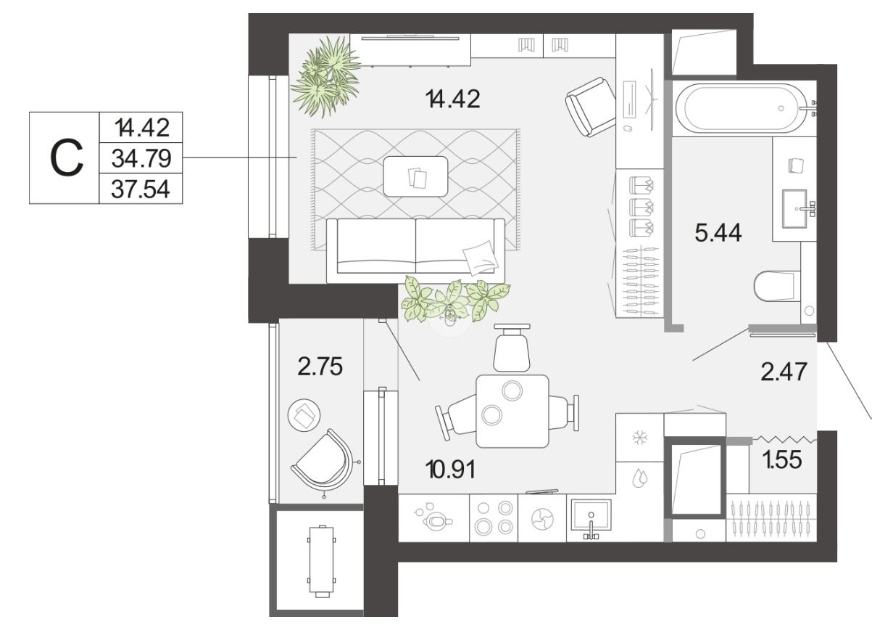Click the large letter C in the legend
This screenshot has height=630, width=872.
coord(67,157)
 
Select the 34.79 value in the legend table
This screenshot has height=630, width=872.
coord(141,158)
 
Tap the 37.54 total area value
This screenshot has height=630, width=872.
coord(141,189)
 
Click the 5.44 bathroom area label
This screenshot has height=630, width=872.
coord(718,233)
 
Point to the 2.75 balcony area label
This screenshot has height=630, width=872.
coord(320,367)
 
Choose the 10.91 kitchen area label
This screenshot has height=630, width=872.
coord(450,470)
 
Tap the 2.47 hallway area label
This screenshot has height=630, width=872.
coord(784,372)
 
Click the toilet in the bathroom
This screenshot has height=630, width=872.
coord(776,286)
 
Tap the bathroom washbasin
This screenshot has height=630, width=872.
coord(794,208)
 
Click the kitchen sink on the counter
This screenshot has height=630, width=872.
coord(591,515)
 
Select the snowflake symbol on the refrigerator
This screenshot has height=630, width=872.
coord(639,438)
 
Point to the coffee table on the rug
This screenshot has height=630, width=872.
coord(415,176)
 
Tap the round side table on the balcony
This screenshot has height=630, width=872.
coord(304,415)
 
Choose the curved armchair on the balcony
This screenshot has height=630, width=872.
coord(323,461)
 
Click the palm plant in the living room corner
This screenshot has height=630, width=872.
coord(326,76)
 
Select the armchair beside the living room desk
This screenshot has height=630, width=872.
coord(590,107)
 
